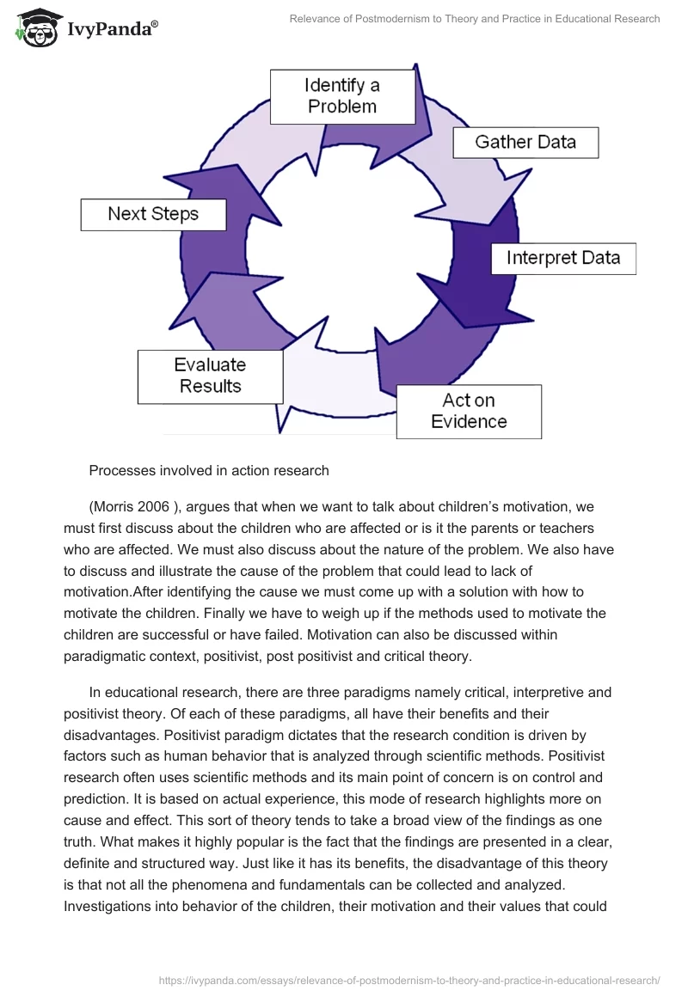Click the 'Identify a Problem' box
click(x=342, y=96)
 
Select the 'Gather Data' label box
click(x=525, y=142)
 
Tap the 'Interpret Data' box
click(x=562, y=259)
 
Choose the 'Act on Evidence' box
click(x=469, y=412)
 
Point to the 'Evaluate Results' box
click(x=211, y=376)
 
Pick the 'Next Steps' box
click(x=153, y=214)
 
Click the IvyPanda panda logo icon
click(x=34, y=28)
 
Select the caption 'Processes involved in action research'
click(x=209, y=470)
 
